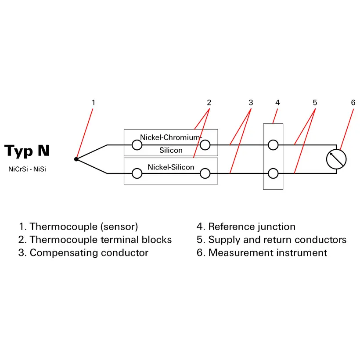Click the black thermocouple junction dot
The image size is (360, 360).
pos(76,159)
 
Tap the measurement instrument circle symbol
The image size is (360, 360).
pos(337,159)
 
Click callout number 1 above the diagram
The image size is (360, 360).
pos(93,103)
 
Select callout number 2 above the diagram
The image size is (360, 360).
pos(209,103)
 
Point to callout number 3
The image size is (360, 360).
pos(251,103)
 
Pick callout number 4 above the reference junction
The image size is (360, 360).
pos(277,103)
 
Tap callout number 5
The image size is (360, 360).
pos(315,103)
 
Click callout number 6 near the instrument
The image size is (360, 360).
pos(353,103)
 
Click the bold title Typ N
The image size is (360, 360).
pos(27,151)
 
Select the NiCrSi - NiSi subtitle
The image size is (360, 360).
pos(27,169)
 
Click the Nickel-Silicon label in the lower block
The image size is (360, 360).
pos(171,167)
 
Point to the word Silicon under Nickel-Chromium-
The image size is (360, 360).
pos(171,150)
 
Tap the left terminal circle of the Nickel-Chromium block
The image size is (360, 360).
pos(137,145)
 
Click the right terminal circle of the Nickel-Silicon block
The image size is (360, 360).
pos(205,174)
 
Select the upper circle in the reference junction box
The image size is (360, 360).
pos(273,145)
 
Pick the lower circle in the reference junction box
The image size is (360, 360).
pos(273,174)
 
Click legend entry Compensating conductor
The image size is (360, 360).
pos(83,253)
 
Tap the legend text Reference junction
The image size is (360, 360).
pos(246,227)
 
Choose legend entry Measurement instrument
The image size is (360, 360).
pos(262,253)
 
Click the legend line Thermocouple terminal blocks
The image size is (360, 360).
pos(95,240)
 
